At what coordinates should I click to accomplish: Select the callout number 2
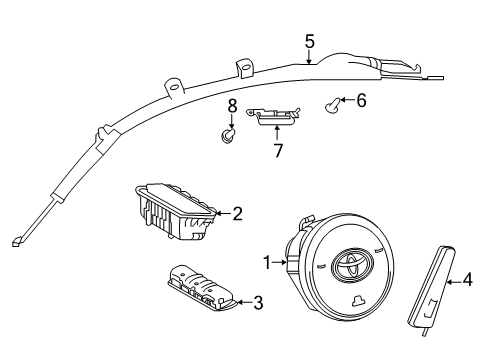[238, 212]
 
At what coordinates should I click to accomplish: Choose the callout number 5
[310, 41]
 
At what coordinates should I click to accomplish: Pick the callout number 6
[362, 101]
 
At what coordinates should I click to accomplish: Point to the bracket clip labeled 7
[275, 118]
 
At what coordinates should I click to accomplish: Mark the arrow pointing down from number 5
[310, 58]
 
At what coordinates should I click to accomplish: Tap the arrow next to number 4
[450, 281]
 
